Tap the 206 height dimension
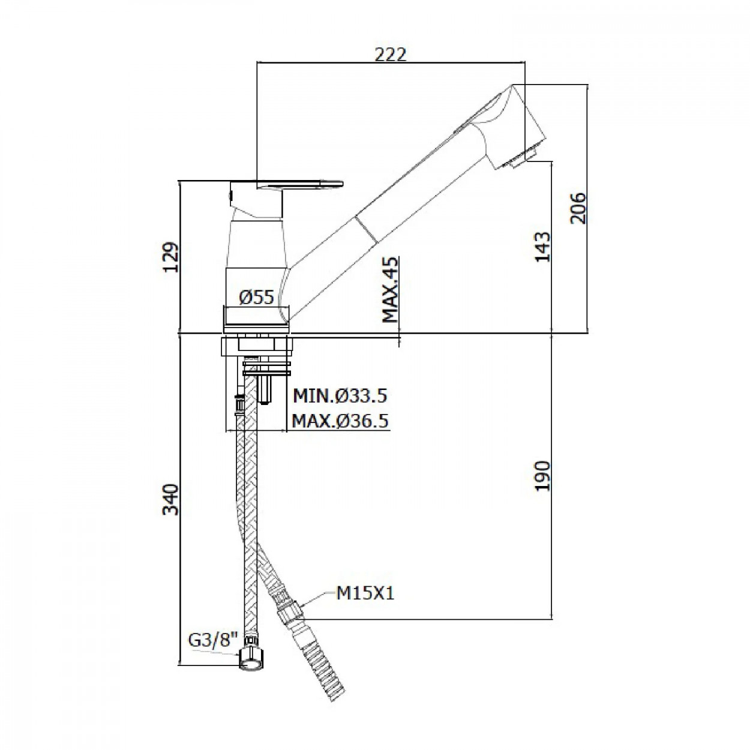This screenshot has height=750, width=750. [578, 208]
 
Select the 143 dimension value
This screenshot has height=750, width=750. [543, 247]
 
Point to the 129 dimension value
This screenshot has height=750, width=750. [170, 257]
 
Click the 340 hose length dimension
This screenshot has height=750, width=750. [170, 500]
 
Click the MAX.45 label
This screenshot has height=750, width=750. [391, 290]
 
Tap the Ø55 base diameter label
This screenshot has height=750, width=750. [256, 298]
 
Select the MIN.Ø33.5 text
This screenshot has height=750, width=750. [340, 396]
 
